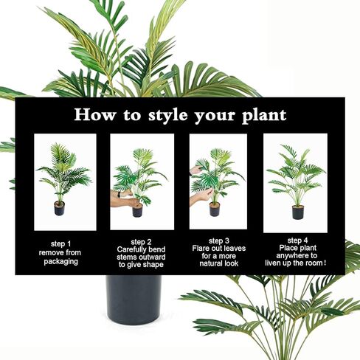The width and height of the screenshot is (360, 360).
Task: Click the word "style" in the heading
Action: coord(168,115)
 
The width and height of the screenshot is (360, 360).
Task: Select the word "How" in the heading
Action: coord(95,114)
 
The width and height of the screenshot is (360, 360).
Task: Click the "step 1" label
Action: coord(60,244)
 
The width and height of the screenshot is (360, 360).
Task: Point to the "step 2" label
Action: coord(141,242)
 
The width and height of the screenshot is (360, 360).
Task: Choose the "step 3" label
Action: coord(219,240)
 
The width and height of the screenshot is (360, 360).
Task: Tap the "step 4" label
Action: coord(297,240)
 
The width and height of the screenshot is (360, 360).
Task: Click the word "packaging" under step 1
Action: coord(61,261)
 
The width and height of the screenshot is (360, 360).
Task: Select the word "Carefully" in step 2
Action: coord(128,249)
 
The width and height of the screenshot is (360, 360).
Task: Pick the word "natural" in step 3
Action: coord(210,263)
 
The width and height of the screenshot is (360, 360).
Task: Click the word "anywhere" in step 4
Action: coord(297,256)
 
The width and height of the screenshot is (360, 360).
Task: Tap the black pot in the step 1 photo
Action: coord(59,208)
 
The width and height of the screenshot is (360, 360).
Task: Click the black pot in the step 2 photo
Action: coord(137,210)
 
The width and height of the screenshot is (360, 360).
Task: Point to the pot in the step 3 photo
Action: coord(215,210)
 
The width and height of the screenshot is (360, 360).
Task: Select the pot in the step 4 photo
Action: coord(298,212)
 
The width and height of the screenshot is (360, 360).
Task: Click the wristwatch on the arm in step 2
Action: coord(120,194)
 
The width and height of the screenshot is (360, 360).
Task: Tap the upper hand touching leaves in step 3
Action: coord(195,170)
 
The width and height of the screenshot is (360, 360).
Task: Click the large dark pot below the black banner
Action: coord(134,300)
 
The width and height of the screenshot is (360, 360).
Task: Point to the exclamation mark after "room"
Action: coord(325,263)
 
